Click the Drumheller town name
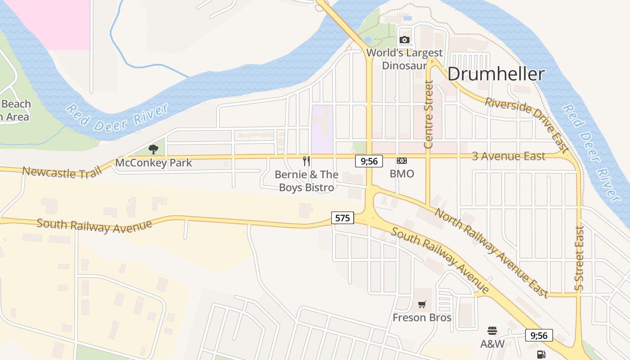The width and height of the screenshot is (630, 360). [x=496, y=74]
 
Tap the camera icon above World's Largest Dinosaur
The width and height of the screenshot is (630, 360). [x=404, y=40]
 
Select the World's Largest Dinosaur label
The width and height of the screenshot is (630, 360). [x=404, y=59]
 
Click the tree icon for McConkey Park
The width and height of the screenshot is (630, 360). [x=153, y=149]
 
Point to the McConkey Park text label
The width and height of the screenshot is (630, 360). [x=153, y=163]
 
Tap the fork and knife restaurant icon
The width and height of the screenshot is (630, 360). [x=306, y=161]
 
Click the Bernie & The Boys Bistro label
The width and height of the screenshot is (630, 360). [x=306, y=181]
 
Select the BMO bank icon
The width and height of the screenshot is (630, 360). [x=401, y=161]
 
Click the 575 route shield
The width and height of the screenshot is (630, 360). [x=342, y=218]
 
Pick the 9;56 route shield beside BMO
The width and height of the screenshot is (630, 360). [x=369, y=161]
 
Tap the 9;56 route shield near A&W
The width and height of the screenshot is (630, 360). [x=539, y=335]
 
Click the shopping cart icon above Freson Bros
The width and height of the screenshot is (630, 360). [x=422, y=305]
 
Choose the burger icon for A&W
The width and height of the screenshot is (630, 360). [x=492, y=331]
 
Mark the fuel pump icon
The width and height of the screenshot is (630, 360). [x=541, y=355]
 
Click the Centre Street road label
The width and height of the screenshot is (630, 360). [x=428, y=114]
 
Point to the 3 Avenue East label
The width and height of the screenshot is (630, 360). [x=508, y=156]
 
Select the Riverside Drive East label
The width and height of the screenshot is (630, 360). [x=526, y=124]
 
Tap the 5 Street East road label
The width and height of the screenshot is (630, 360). [x=579, y=258]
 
